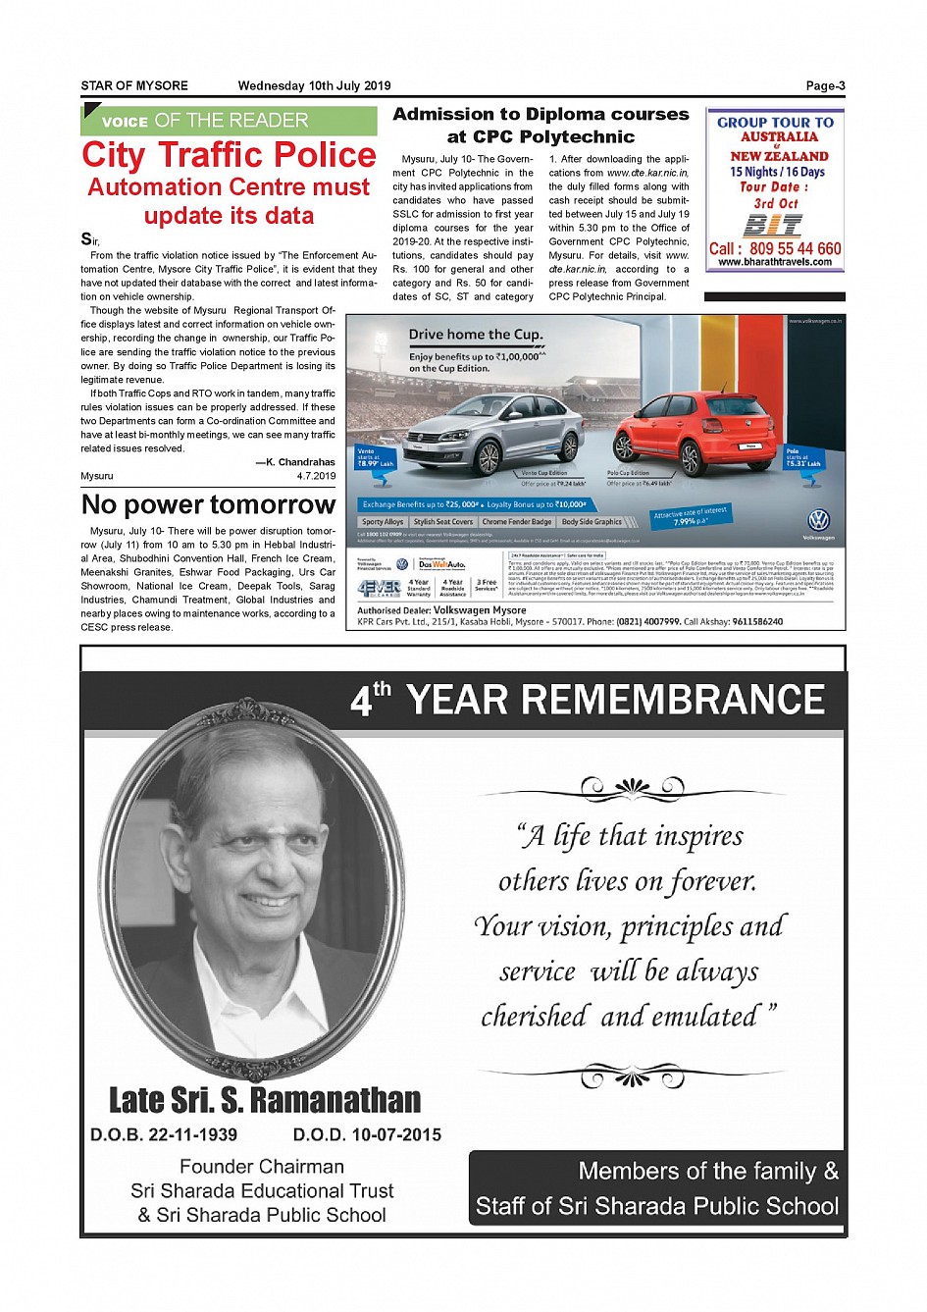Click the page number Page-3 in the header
click(x=825, y=86)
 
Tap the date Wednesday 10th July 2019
click(x=314, y=86)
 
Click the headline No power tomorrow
click(x=208, y=504)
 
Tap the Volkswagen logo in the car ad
click(x=818, y=520)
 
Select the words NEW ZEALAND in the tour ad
click(x=779, y=156)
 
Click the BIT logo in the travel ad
click(x=773, y=226)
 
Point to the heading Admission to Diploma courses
click(x=541, y=115)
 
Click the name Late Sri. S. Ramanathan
click(x=265, y=1100)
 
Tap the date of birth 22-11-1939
click(x=192, y=1134)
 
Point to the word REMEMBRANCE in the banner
click(x=615, y=700)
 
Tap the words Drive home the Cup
click(x=476, y=335)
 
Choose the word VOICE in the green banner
click(x=125, y=122)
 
